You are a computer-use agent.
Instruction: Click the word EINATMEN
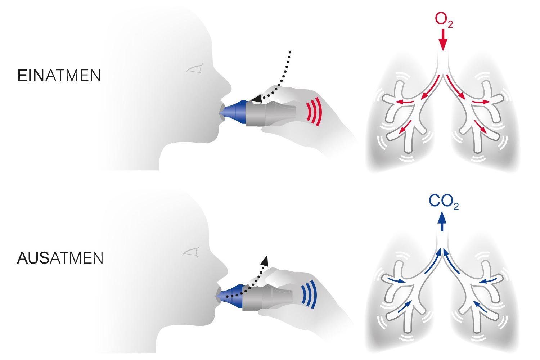point(59,76)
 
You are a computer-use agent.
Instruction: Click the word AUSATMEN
point(60,258)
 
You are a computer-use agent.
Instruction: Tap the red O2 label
point(444,21)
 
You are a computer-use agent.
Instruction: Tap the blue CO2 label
point(443,202)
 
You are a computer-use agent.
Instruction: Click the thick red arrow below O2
point(443,41)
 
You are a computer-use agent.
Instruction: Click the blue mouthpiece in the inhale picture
point(234,111)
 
